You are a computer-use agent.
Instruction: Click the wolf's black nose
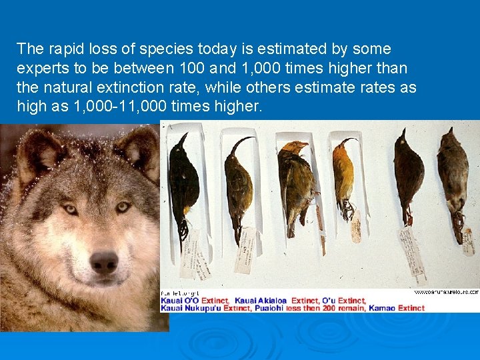point(103,262)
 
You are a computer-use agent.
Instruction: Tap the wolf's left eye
point(69,209)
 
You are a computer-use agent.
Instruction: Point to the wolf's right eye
point(123,207)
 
